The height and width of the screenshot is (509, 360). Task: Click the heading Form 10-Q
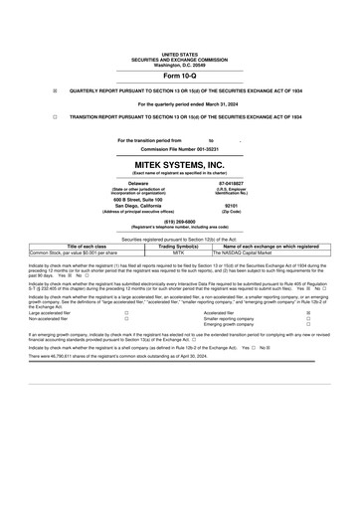[x=180, y=77]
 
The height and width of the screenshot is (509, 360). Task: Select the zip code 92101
[x=231, y=207]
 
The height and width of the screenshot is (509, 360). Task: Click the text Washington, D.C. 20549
[x=180, y=65]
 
